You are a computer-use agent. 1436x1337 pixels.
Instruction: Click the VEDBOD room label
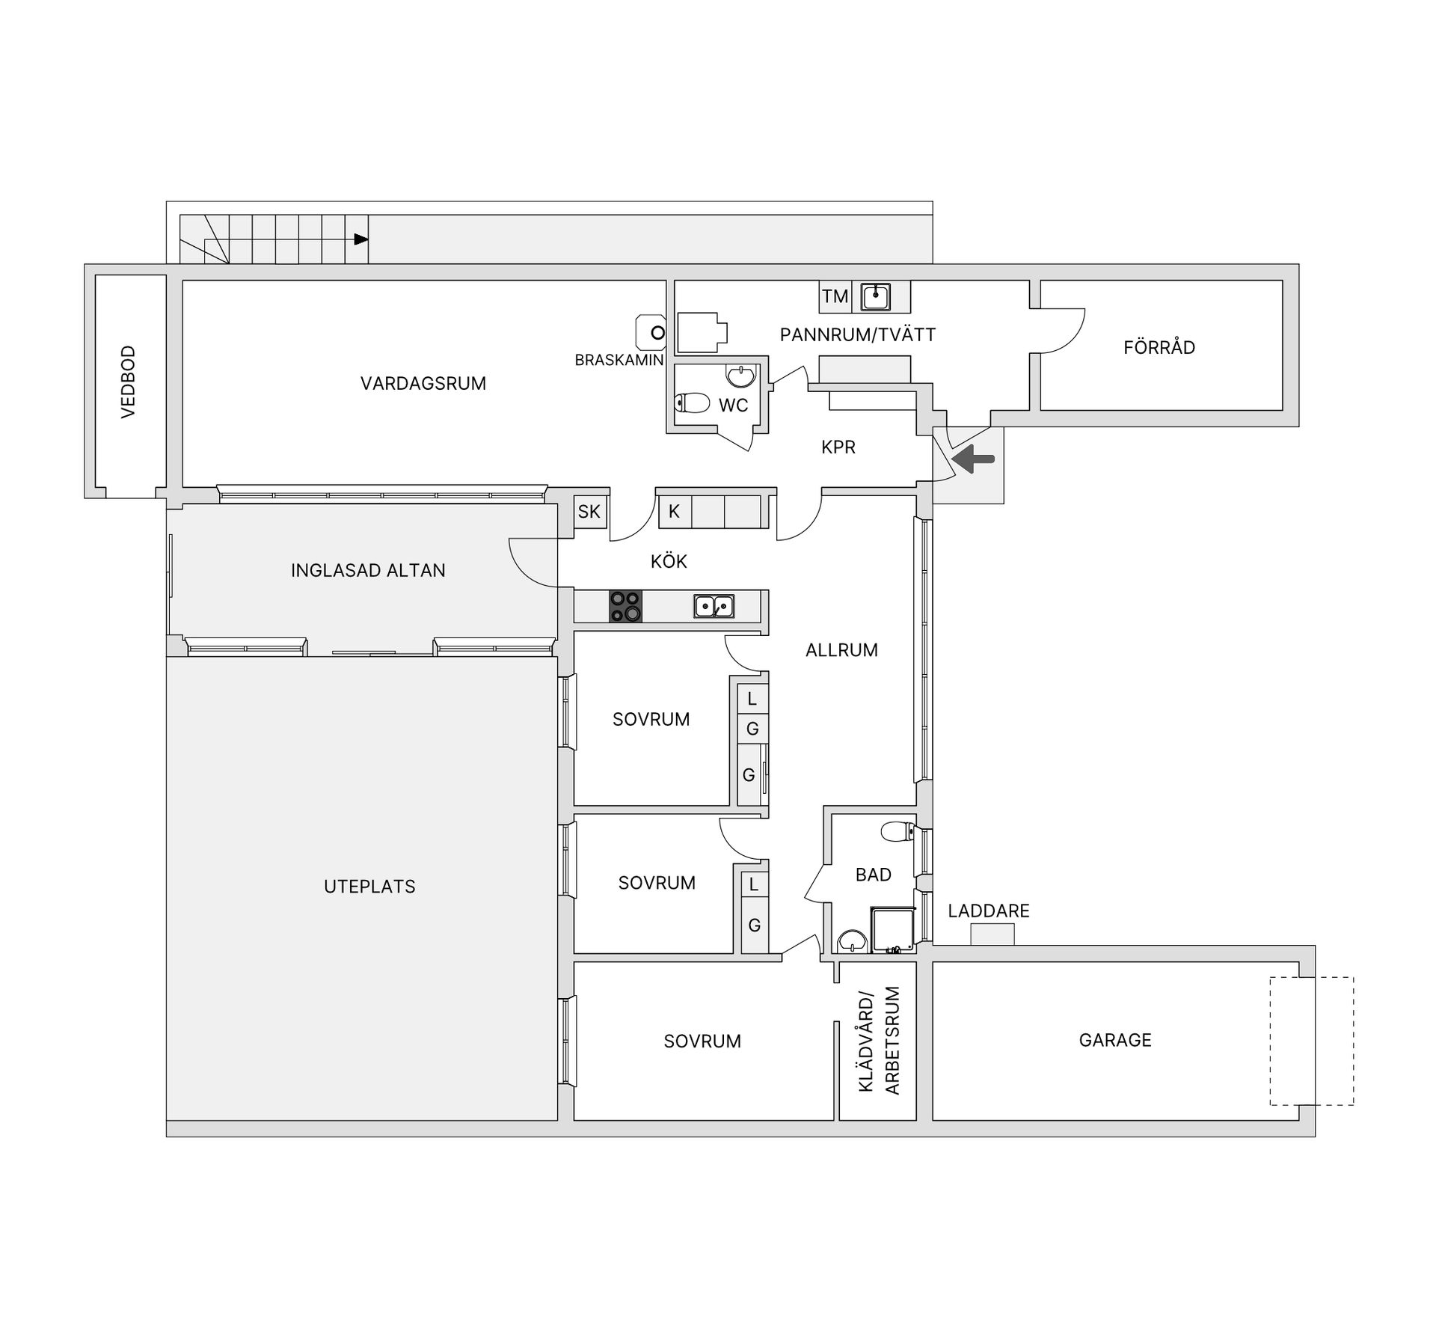tap(129, 382)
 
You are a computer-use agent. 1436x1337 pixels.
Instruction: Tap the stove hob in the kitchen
tap(625, 606)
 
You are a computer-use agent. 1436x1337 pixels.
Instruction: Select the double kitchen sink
tap(714, 605)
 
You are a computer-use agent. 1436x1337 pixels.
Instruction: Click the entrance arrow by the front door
tap(973, 458)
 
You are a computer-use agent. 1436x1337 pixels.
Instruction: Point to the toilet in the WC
tap(692, 403)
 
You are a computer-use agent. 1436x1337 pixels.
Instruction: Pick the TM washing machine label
tap(835, 297)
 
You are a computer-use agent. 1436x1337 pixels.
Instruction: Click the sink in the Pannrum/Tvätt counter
tap(875, 296)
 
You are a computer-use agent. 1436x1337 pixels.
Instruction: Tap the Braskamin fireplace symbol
tap(651, 332)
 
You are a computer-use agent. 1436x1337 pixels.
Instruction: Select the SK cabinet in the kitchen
tap(589, 512)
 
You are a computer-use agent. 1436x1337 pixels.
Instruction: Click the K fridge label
tap(674, 512)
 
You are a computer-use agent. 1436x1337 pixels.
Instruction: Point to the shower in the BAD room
tap(893, 930)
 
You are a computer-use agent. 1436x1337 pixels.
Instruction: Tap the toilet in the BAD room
tap(897, 831)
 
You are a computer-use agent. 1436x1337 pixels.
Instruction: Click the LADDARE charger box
tap(992, 934)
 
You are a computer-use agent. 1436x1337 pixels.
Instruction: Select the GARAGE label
tap(1115, 1040)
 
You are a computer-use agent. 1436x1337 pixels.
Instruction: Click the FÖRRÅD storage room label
tap(1159, 346)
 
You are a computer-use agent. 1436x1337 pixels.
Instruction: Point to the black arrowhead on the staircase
tap(361, 239)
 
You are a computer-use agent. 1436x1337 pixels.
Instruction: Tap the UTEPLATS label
tap(369, 887)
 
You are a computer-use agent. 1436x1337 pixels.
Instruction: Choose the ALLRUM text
tap(841, 650)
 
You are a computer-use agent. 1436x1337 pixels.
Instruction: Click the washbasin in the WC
tap(740, 376)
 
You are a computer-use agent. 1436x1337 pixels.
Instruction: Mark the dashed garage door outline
tap(1312, 1041)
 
